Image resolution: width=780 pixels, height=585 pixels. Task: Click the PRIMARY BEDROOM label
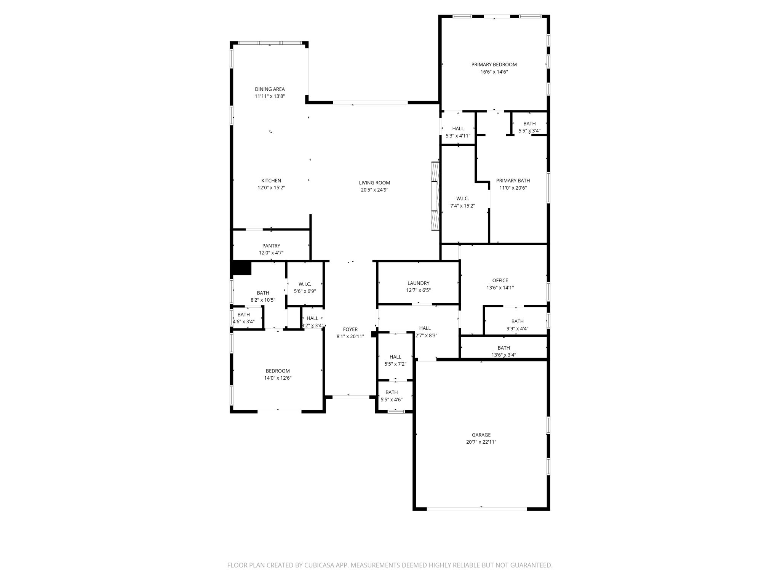(494, 65)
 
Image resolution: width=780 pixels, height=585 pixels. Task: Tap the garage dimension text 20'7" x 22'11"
(481, 442)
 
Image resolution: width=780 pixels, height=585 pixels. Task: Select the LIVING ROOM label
(374, 183)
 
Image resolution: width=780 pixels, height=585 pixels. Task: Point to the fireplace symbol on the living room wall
(435, 196)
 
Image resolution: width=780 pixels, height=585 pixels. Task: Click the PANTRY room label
(271, 246)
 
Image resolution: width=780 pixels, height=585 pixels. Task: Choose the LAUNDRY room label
(418, 283)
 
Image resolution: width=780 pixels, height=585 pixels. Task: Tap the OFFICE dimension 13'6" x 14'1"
(500, 288)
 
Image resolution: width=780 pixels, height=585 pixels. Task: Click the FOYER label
(350, 329)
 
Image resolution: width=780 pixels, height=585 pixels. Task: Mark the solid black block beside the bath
(241, 268)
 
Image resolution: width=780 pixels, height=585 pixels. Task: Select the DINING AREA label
(270, 89)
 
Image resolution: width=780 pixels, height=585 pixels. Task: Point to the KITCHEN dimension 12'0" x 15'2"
(271, 188)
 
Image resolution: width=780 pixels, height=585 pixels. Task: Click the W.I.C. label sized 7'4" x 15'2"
(462, 199)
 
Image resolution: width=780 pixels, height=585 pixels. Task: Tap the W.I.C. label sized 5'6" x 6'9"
(305, 284)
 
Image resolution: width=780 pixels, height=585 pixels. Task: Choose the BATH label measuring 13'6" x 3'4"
(503, 348)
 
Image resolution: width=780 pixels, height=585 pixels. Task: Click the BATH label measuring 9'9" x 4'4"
(517, 321)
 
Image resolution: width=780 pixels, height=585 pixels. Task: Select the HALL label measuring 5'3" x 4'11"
(458, 129)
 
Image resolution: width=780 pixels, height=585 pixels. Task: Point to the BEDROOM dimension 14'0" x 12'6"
(278, 378)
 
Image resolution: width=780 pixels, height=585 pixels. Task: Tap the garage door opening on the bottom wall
(477, 509)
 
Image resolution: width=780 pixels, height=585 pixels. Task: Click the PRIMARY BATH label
(513, 181)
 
